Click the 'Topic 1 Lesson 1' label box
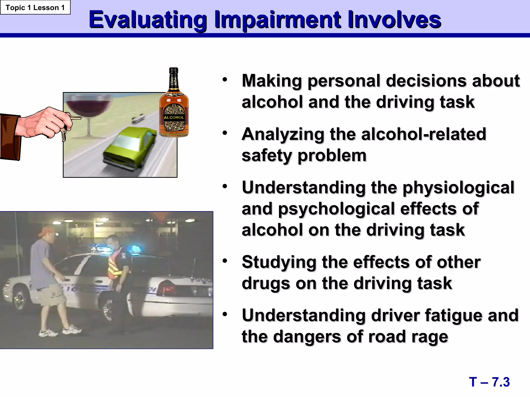click(35, 7)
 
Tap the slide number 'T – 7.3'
click(489, 382)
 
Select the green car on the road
click(129, 149)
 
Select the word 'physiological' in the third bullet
click(458, 188)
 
